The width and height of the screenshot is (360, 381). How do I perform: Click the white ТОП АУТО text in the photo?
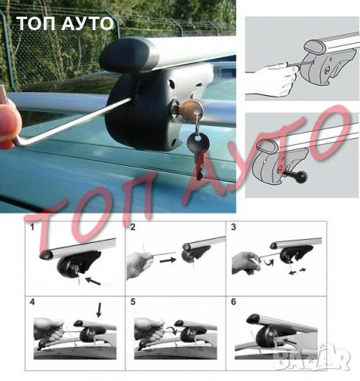pyautogui.click(x=66, y=23)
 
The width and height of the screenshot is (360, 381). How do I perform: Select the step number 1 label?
pyautogui.click(x=32, y=227)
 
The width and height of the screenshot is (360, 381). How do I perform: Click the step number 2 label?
pyautogui.click(x=133, y=227)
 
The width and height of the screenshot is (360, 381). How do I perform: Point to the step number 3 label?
pyautogui.click(x=234, y=227)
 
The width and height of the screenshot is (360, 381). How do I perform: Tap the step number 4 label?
pyautogui.click(x=32, y=302)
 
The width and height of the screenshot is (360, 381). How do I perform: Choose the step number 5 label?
pyautogui.click(x=133, y=302)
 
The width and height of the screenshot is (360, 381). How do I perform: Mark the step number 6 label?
pyautogui.click(x=234, y=302)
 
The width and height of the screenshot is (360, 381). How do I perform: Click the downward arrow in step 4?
pyautogui.click(x=99, y=310)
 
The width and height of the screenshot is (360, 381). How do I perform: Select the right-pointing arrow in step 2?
pyautogui.click(x=168, y=260)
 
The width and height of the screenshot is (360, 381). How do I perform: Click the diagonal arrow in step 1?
pyautogui.click(x=93, y=281)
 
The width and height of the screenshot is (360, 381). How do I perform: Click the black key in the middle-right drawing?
pyautogui.click(x=296, y=176)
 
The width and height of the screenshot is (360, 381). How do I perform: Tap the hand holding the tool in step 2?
pyautogui.click(x=138, y=264)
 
